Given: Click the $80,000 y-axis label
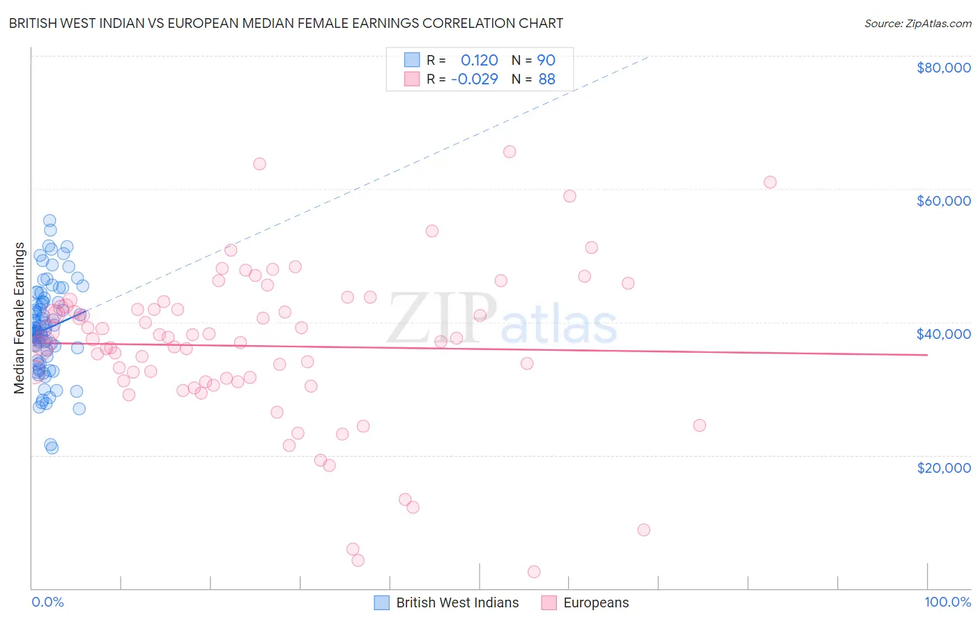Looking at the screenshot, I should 943,68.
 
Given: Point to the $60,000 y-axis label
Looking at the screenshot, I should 943,201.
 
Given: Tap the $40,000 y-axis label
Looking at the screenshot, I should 943,334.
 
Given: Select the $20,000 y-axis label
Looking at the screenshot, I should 943,468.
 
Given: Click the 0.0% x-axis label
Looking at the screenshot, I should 47,602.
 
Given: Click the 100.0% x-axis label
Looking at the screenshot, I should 947,602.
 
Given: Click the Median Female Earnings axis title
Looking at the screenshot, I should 20,318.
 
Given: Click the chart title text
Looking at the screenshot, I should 286,23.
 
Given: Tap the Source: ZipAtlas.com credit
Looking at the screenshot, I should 917,24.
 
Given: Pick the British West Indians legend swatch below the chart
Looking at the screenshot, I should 381,602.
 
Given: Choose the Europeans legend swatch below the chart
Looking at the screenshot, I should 549,602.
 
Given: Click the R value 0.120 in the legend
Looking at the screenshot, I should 479,61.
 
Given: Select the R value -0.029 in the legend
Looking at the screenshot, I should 474,79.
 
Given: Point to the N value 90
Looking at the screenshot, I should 546,61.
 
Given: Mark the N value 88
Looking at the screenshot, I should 546,79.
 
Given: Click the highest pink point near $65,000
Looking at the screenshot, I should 510,152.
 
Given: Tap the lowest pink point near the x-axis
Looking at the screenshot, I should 534,572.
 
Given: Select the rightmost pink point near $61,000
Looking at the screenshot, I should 770,182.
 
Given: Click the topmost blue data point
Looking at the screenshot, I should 49,220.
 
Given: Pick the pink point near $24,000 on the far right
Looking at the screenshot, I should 700,425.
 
